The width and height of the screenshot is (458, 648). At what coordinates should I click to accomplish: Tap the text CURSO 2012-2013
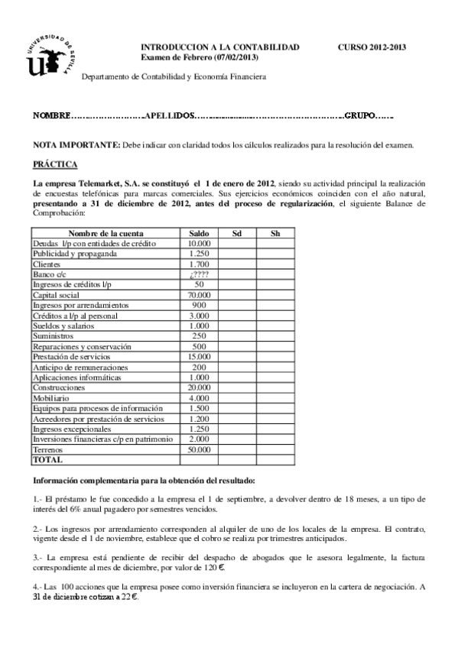point(372,47)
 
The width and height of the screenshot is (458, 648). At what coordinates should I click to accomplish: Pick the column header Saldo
point(199,232)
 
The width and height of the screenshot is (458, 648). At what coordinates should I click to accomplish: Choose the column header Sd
point(237,232)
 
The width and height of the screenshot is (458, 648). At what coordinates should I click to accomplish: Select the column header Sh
point(275,232)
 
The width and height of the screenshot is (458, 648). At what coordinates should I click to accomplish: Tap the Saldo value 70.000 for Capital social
point(199,295)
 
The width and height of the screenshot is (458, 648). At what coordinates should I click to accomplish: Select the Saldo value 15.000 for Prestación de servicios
point(199,357)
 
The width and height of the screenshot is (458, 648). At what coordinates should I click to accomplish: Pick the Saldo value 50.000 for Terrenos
point(199,450)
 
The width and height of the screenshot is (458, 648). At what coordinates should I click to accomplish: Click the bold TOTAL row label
point(47,460)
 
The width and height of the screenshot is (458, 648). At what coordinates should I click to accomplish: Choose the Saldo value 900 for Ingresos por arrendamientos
point(199,305)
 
